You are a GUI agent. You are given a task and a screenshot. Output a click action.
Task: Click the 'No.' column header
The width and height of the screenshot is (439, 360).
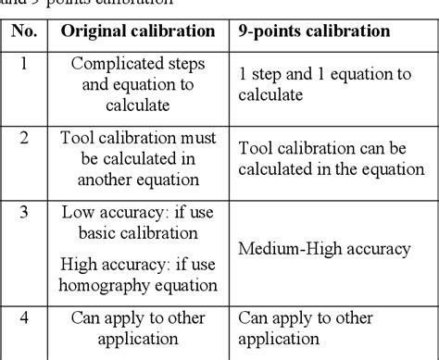click(x=24, y=31)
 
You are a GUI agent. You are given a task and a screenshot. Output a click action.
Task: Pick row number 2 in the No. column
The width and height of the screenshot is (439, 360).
click(x=24, y=138)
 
